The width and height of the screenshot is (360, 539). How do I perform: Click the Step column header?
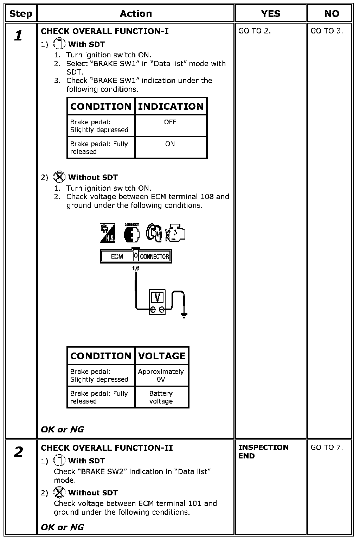point(20,14)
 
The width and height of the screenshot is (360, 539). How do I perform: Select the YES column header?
point(271,14)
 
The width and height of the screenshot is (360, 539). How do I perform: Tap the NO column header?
point(331,14)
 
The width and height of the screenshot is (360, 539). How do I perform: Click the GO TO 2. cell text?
point(255,31)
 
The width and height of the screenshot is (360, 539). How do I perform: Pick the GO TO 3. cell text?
point(327,31)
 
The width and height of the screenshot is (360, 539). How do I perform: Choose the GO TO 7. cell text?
point(327,448)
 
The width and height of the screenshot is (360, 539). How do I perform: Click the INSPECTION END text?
point(263,452)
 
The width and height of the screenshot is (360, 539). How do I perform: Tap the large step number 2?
point(19,452)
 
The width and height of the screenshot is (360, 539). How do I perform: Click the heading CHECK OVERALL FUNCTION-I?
point(105,31)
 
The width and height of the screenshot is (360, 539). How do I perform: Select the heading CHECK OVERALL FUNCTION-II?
point(107,448)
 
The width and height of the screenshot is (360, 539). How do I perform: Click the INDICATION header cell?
point(171,107)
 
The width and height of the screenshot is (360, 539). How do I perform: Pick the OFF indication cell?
point(170,122)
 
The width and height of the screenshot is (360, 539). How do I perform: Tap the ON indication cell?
point(170,144)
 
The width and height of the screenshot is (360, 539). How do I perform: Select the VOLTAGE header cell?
point(162,356)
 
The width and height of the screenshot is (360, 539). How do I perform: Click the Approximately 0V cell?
point(161,375)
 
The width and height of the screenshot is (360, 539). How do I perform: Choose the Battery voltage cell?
point(161,397)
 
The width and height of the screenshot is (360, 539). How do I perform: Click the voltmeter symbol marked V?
point(157,298)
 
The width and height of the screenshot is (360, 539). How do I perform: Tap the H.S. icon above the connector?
point(108,233)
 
